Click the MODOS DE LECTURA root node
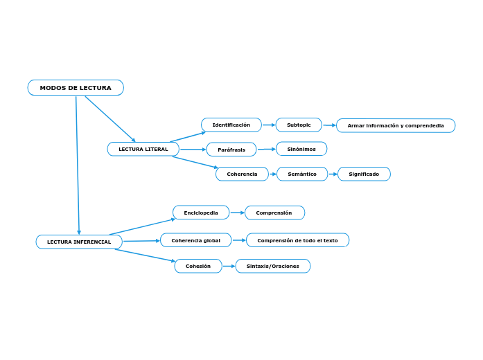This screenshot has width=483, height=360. (76, 88)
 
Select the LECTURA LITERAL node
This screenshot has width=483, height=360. (143, 149)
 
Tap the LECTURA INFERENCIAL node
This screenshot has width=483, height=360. (79, 242)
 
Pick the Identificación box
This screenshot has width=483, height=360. (231, 125)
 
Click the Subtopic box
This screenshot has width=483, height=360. (299, 125)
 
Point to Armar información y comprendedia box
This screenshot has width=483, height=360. (395, 125)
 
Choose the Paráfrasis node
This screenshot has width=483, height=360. (231, 150)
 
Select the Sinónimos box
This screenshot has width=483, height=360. (301, 149)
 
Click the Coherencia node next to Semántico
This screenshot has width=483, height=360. (242, 174)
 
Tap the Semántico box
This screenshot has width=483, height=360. (301, 174)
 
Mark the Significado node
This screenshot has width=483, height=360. (364, 174)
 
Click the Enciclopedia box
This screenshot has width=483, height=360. (201, 213)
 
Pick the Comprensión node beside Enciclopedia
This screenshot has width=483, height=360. (274, 213)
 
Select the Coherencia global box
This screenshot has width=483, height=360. (195, 240)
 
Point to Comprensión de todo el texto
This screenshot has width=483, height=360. (297, 240)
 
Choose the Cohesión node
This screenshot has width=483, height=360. (198, 266)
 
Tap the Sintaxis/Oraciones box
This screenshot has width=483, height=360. (272, 266)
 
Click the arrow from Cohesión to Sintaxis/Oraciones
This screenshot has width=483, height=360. (229, 266)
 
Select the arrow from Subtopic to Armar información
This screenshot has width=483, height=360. (329, 125)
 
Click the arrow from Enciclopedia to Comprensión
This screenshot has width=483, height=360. (237, 213)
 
